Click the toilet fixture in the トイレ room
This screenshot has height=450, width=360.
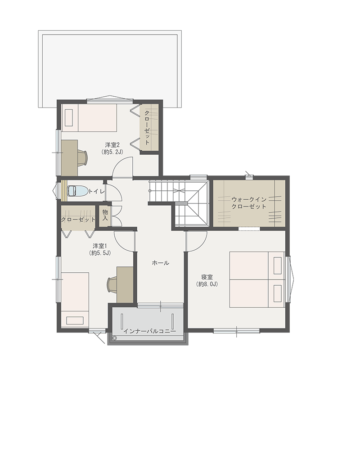[77, 191]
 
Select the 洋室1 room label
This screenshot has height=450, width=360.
[99, 246]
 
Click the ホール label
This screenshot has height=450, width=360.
[160, 263]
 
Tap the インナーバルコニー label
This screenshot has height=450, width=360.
[149, 331]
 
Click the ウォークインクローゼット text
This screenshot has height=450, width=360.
[249, 203]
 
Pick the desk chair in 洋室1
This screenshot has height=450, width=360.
[112, 285]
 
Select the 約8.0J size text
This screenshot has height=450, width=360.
[207, 284]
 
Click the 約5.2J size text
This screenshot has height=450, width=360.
[112, 152]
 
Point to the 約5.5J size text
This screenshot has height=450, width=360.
[100, 253]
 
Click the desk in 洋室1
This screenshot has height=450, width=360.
[125, 284]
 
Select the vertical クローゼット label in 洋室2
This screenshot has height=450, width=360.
[147, 128]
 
